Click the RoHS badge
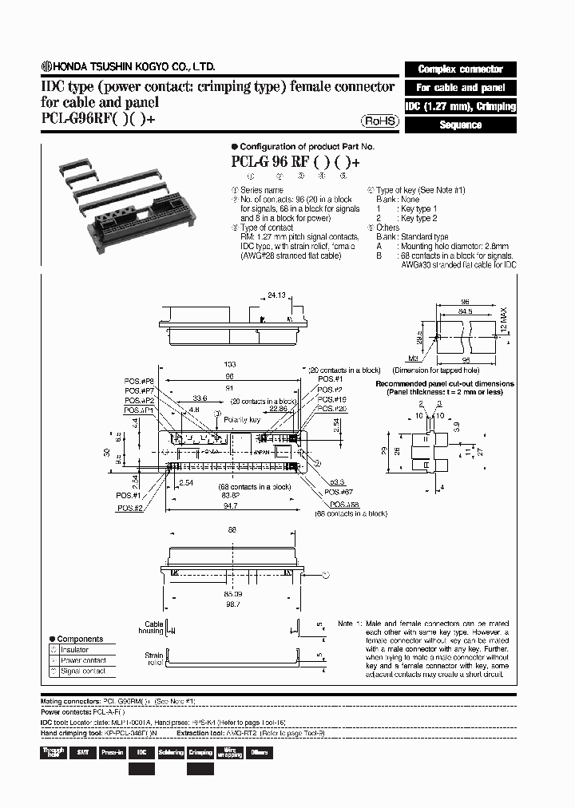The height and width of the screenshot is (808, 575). [x=379, y=121]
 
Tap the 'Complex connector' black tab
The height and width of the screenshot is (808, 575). [x=461, y=69]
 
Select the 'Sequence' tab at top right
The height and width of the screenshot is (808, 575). [x=461, y=125]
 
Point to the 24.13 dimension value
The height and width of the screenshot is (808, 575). [x=277, y=295]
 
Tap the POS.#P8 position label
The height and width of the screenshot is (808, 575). [x=138, y=381]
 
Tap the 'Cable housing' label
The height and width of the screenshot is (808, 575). [x=153, y=628]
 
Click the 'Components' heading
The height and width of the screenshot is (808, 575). [x=80, y=639]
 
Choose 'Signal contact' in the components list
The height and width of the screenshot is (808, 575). [x=83, y=671]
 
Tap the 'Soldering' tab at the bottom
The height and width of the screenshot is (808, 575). [x=171, y=752]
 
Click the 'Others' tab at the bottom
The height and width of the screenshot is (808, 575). [x=259, y=752]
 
